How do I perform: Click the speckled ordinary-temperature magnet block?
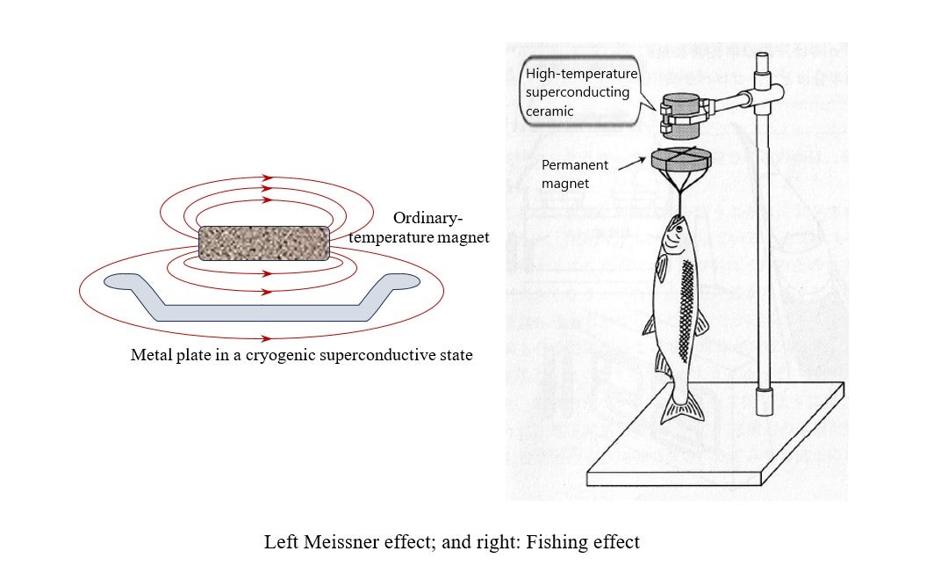pos(266,243)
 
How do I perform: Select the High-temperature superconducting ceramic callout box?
pos(580,92)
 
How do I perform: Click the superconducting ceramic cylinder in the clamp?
pos(678,116)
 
